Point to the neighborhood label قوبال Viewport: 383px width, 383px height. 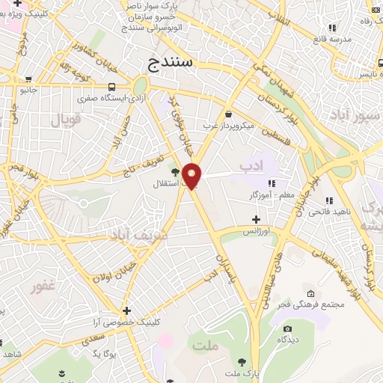click(x=65, y=119)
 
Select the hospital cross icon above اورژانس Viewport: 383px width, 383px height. click(x=257, y=219)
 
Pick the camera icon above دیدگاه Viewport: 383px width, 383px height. click(x=287, y=328)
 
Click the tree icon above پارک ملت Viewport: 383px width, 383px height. click(x=242, y=361)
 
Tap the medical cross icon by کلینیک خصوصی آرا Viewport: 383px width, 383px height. click(x=126, y=310)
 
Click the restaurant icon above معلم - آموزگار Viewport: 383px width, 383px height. click(x=272, y=183)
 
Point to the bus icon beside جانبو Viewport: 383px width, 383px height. click(x=28, y=79)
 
